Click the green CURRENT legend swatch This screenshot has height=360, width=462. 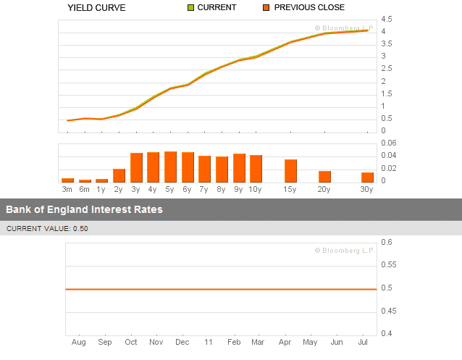click(x=191, y=8)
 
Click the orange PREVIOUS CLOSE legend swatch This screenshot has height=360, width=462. click(x=266, y=8)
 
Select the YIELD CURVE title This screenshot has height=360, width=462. click(x=96, y=8)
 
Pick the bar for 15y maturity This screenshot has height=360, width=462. click(x=290, y=170)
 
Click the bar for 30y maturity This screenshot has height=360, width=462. click(x=367, y=177)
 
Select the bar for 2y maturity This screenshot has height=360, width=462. click(x=119, y=175)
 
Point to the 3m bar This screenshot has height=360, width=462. click(x=67, y=179)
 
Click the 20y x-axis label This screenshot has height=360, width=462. click(x=325, y=189)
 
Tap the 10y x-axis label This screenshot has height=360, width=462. click(x=256, y=189)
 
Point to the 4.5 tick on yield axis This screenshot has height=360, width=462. click(x=387, y=19)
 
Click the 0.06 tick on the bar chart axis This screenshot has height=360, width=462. click(x=390, y=143)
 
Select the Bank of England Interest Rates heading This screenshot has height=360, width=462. click(x=85, y=209)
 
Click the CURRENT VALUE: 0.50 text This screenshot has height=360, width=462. click(x=47, y=228)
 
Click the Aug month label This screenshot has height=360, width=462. click(x=80, y=341)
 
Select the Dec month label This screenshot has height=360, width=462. click(x=182, y=341)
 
